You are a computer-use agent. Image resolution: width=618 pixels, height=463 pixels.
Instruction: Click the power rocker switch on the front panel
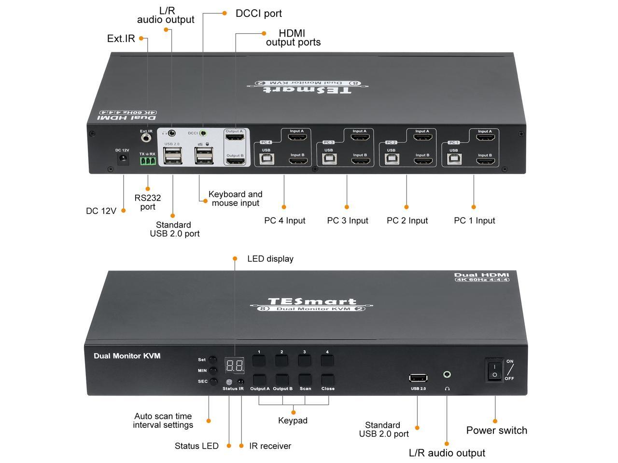coord(495,370)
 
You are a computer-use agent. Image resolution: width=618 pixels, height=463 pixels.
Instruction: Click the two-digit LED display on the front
coord(235,365)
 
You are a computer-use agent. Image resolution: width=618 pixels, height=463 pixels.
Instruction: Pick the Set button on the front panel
coord(212,360)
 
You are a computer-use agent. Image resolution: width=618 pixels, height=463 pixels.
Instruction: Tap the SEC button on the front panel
coord(213,381)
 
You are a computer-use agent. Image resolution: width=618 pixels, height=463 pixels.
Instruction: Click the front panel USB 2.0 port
coord(418,378)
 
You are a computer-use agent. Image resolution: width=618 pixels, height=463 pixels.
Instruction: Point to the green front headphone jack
coord(448,374)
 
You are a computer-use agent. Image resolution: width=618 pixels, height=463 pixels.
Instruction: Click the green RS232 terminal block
coord(148,161)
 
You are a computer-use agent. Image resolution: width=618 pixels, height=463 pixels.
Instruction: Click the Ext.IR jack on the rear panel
coord(146,138)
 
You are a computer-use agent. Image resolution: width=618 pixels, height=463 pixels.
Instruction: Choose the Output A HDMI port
coord(235,138)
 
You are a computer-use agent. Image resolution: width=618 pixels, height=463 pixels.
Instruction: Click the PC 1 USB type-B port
coord(453,159)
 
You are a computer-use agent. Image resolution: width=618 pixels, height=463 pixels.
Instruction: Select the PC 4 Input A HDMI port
coord(297,137)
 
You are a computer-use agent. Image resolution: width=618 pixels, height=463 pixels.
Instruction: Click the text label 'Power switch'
coord(496,430)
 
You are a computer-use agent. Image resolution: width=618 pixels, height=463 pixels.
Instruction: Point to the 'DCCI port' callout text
coord(258,14)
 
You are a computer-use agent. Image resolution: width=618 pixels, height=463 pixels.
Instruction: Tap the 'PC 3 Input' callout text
coord(347,220)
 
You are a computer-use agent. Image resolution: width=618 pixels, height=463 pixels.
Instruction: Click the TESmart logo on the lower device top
coord(312,302)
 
